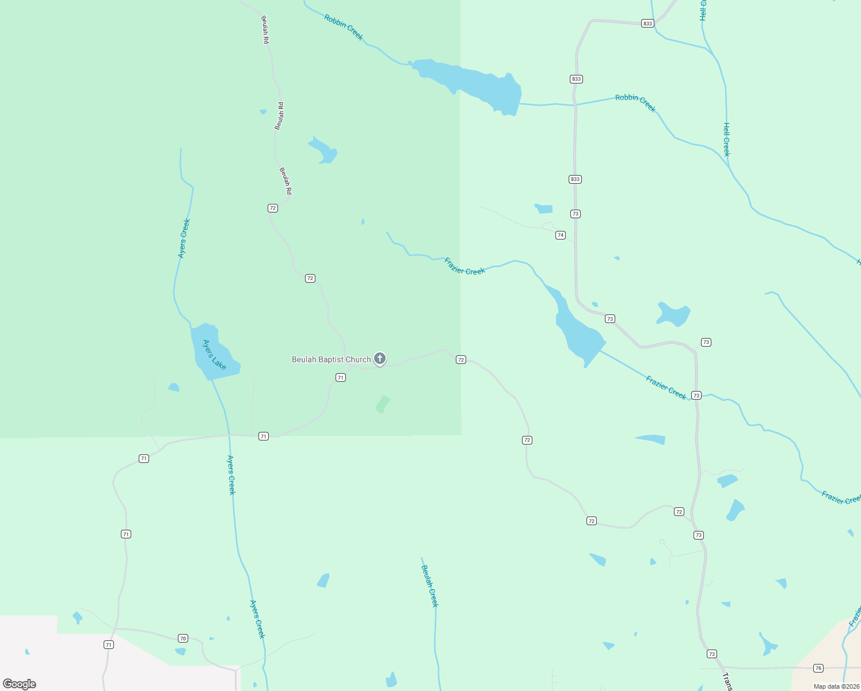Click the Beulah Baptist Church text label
coord(331,359)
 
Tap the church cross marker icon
coord(380,358)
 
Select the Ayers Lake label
coord(214,355)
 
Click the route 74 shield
coord(561,235)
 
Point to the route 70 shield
coord(183,638)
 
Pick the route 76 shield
coord(818,668)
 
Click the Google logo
coord(20,684)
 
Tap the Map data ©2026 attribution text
coord(836,686)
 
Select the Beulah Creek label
coord(430,586)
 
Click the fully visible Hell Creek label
coord(726,139)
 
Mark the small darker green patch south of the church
coord(383,404)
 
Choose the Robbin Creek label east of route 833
coord(635,102)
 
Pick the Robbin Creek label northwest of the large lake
coord(344,27)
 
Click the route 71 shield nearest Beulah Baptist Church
coord(341,378)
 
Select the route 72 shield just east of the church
coord(460,359)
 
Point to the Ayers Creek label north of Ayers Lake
coord(184,238)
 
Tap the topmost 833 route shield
coord(647,24)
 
